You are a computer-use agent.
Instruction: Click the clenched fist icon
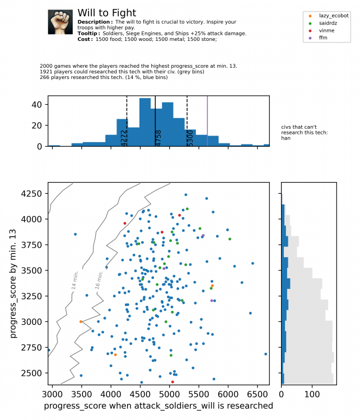click(60, 22)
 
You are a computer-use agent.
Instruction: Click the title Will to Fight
click(106, 13)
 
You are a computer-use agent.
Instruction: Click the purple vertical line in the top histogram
click(207, 121)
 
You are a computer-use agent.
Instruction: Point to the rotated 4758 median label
click(158, 138)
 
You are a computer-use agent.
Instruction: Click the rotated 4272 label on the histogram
click(124, 138)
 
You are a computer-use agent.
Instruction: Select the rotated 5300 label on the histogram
click(190, 138)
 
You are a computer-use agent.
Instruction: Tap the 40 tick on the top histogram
click(37, 105)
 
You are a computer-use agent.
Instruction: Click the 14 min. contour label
click(75, 280)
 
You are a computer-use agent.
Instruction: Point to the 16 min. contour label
click(99, 280)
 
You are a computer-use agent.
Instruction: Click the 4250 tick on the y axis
click(31, 193)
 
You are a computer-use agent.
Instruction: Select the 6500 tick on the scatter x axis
click(257, 394)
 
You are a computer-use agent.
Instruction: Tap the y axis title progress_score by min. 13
click(13, 283)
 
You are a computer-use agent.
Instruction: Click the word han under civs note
click(286, 138)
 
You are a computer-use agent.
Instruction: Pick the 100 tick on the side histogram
click(312, 394)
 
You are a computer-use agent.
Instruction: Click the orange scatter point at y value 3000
click(81, 321)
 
